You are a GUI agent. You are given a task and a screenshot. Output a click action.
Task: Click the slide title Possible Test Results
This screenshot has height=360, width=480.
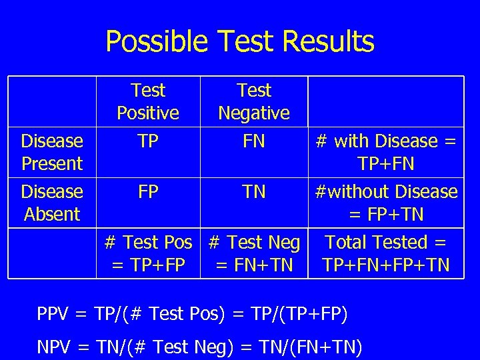point(240,41)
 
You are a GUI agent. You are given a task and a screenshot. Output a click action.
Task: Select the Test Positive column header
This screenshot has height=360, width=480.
point(148,101)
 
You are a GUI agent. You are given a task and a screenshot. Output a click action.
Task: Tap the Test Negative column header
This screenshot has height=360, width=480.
point(254,101)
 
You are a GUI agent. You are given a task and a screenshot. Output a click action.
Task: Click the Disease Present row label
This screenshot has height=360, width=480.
point(52,152)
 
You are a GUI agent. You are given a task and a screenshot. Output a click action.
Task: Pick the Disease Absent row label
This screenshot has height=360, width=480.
point(52,203)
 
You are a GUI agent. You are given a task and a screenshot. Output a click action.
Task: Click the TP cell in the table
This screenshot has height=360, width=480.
point(148,141)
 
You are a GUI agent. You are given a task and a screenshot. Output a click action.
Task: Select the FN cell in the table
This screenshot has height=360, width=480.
point(254,141)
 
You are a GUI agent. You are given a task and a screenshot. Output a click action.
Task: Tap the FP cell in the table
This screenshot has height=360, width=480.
point(148,192)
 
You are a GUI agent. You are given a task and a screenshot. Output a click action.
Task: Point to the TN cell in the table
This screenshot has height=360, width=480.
point(254,192)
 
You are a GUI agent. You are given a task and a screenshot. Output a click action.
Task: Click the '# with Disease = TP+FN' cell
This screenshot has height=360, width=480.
point(386,152)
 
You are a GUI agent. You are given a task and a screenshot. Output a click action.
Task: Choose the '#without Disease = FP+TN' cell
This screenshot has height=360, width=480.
point(386,203)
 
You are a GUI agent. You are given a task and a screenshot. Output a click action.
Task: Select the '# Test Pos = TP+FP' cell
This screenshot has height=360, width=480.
point(148,253)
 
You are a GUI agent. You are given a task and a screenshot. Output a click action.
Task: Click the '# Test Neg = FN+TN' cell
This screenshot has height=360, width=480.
point(254,253)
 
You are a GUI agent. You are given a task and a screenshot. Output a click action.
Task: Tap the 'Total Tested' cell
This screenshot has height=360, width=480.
point(386,253)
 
